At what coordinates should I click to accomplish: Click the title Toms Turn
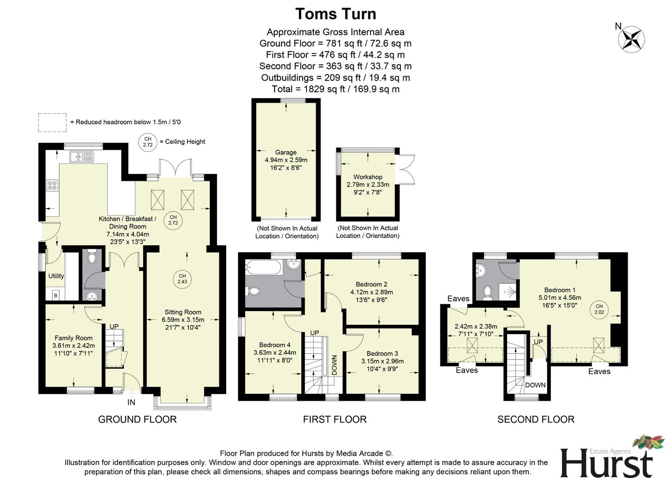coord(335,14)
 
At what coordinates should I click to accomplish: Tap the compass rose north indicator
coord(631,38)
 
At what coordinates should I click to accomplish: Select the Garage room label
coord(286,153)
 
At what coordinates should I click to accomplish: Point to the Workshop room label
coord(367,177)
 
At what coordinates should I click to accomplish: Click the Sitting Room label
coord(183,312)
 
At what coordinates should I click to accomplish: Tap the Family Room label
coord(73,338)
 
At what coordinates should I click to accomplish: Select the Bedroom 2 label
coord(371,284)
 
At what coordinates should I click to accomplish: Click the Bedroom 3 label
coord(382,353)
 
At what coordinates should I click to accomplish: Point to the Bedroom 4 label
coord(275,345)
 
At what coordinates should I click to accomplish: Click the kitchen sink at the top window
coord(81,157)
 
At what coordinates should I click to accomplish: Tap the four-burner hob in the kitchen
coord(52,185)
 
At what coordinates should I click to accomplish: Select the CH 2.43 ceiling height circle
coord(182,279)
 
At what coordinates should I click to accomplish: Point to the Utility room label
coord(56,276)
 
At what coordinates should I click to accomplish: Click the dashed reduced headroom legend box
coord(52,122)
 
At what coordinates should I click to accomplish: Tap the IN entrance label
coord(131,402)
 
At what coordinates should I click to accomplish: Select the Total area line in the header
coord(335,89)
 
